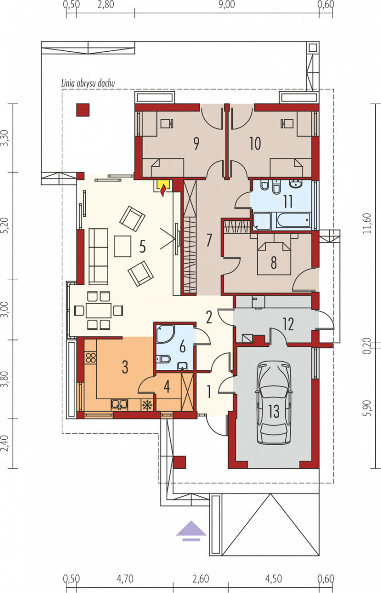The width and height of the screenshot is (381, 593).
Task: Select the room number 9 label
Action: point(196,144)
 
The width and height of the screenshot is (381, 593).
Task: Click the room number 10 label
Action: point(255,144)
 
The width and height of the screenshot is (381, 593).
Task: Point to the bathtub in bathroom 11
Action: point(293,220)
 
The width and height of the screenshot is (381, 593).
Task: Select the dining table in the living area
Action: point(99,310)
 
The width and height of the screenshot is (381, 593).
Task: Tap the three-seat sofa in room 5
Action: point(98,257)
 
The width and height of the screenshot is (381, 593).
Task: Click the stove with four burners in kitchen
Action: point(91,357)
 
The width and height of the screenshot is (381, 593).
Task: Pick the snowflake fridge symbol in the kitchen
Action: point(147,405)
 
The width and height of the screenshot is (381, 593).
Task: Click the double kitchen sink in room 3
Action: point(119,405)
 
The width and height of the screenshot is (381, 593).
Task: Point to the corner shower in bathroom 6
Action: point(165,334)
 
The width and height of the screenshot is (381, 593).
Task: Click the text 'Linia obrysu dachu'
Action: point(88,83)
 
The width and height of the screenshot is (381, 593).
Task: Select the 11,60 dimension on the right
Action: point(367,223)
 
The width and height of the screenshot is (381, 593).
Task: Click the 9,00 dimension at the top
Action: point(227,5)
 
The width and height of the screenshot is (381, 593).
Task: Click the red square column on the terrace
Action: point(83,110)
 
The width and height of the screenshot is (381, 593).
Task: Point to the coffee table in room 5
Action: point(122,246)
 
